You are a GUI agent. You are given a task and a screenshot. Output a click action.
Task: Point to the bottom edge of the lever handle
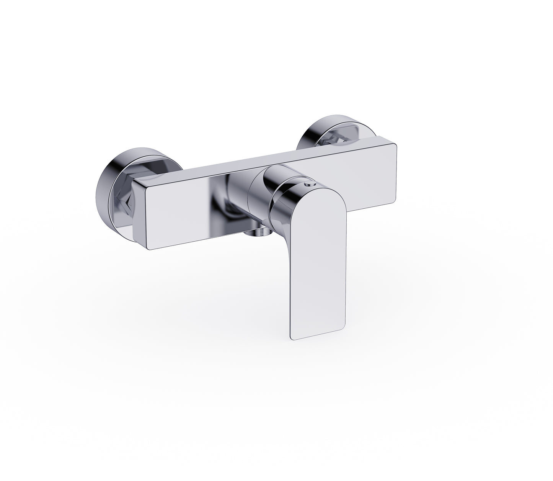(318, 339)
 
